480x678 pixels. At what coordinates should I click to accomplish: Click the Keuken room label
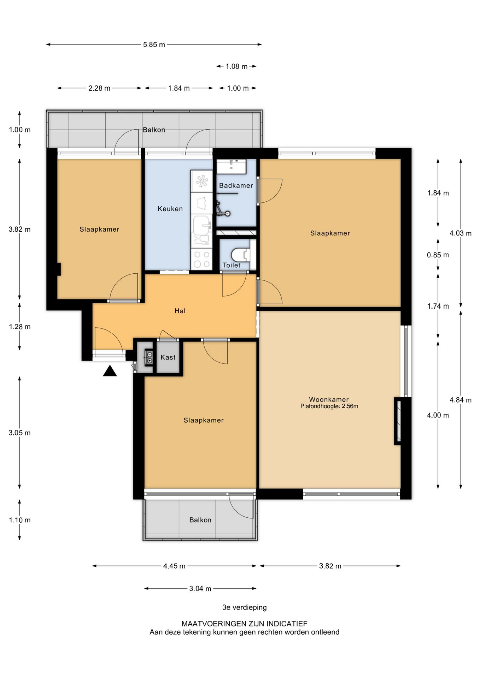[170, 209]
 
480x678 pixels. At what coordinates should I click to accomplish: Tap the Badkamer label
[236, 185]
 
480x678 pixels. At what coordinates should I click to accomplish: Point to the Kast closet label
[168, 357]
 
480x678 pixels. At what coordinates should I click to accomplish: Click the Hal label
[180, 311]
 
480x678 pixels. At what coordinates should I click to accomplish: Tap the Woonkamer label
[329, 399]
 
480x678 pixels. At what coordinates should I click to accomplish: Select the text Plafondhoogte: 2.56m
[329, 406]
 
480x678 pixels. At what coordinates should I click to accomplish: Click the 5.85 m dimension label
[154, 45]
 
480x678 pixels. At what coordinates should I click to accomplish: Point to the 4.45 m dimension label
[174, 566]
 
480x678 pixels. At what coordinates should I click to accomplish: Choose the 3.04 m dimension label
[200, 589]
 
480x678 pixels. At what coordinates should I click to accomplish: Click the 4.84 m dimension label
[461, 400]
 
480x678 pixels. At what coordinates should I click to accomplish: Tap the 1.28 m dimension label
[20, 327]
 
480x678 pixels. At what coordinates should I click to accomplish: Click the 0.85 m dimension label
[438, 255]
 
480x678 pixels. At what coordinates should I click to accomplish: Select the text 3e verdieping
[245, 607]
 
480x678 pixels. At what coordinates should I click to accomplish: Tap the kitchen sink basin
[202, 224]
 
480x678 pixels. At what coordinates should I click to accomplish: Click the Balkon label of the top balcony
[154, 130]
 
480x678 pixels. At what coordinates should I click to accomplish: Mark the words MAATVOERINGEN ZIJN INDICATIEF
[245, 624]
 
